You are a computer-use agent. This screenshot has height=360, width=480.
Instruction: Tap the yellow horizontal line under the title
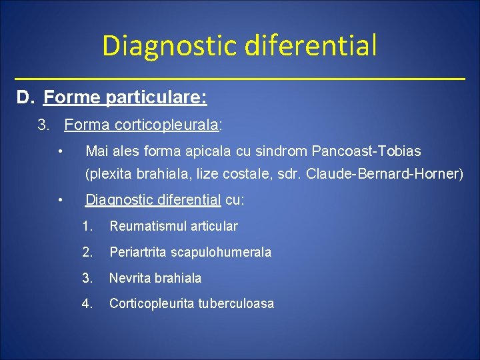[x=240, y=79]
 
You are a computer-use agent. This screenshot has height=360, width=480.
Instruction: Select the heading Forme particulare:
[x=125, y=98]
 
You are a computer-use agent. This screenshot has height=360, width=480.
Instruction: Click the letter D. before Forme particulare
[x=25, y=98]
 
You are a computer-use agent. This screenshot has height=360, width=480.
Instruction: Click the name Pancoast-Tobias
[x=366, y=151]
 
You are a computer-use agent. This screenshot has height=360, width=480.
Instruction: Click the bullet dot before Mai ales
[x=60, y=151]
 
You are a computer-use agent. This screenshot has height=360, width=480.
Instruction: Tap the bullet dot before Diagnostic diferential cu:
[x=60, y=199]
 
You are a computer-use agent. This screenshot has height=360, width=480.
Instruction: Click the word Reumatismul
[x=145, y=226]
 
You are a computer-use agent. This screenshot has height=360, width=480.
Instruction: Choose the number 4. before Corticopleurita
[x=87, y=303]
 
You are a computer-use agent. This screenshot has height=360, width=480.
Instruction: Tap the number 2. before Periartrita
[x=87, y=252]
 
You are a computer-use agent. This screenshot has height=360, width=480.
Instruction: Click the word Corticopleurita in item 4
[x=153, y=303]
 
